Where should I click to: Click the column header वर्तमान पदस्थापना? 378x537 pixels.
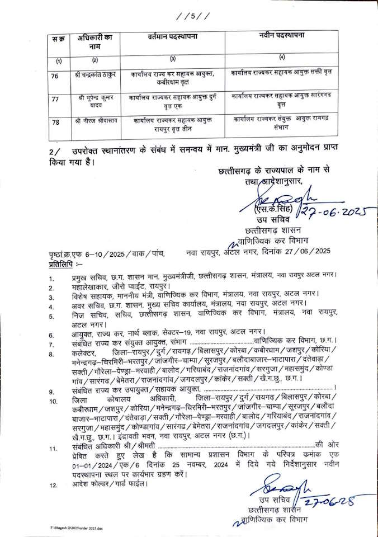point(176,37)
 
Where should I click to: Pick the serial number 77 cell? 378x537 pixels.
point(55,99)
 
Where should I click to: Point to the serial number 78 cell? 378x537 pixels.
point(55,121)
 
